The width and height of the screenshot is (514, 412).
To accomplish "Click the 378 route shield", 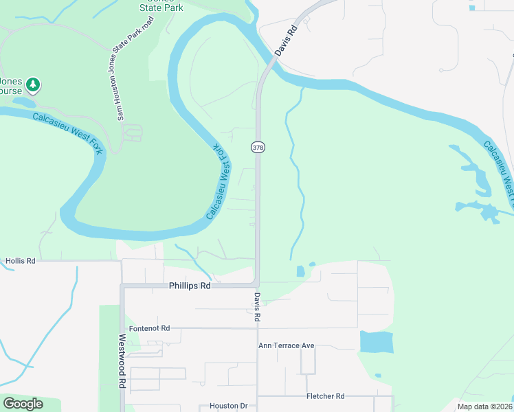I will [x=258, y=148].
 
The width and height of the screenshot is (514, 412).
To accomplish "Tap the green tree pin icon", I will [x=33, y=86].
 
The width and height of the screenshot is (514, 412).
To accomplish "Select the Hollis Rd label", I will [x=20, y=262].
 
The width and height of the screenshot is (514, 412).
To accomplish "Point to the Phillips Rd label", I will [x=189, y=285].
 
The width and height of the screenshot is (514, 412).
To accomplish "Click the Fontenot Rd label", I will [x=148, y=329].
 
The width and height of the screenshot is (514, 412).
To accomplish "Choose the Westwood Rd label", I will [x=122, y=361].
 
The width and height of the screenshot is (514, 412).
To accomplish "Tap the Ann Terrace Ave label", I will [x=286, y=345].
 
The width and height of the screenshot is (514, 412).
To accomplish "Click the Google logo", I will [x=23, y=404].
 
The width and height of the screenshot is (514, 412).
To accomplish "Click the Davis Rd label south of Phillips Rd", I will [x=257, y=308].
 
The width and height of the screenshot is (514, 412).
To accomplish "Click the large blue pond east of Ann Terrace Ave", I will [x=376, y=341].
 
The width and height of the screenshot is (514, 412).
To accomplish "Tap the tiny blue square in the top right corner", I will [x=471, y=8].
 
